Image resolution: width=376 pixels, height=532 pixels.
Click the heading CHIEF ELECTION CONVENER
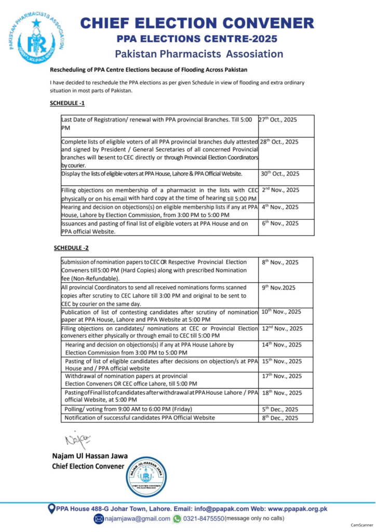pos(197,23)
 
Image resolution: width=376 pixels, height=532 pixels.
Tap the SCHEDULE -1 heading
pos(67,103)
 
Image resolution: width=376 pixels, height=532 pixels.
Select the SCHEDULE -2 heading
pos(71,248)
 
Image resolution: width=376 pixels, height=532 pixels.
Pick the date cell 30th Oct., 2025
pos(279,174)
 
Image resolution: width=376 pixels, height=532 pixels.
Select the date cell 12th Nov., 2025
pos(281,328)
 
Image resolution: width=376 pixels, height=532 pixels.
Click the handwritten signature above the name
pos(76,440)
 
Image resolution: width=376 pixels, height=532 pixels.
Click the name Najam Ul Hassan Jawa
pos(89,456)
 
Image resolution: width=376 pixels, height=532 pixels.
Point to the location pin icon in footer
pos(51,509)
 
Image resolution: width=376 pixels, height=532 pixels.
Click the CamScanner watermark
pos(361,525)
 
